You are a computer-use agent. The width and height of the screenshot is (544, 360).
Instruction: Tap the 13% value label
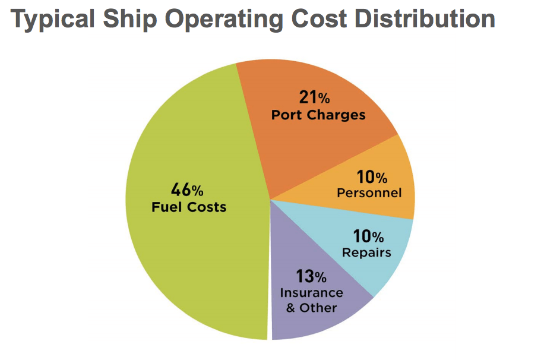coord(311,276)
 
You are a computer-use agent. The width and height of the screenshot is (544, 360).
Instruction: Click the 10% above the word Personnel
coord(372,177)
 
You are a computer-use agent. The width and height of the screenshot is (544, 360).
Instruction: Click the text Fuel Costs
coord(189,207)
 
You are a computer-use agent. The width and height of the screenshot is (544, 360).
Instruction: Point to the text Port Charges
coord(318,115)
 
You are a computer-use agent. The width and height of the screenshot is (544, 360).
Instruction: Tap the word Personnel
coord(369,193)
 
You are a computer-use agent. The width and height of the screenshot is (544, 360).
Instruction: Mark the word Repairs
coord(366,252)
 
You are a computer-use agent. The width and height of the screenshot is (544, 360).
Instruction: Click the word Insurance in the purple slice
coord(311,293)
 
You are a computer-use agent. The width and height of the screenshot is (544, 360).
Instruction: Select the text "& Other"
coord(311,308)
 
